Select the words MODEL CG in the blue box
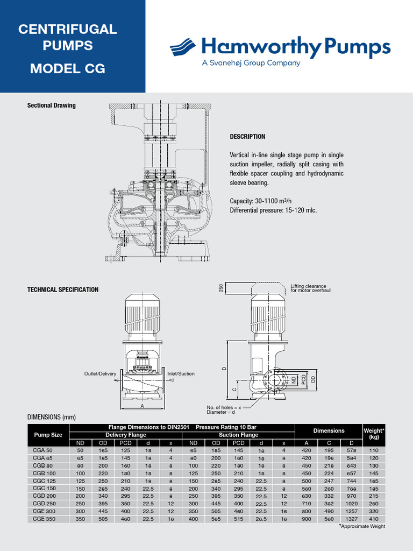point(67,69)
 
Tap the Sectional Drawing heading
point(52,105)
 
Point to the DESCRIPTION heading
point(247,137)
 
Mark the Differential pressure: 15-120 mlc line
point(273,210)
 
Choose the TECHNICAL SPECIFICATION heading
point(63,289)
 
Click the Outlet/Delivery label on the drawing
point(100,373)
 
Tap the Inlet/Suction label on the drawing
point(181,373)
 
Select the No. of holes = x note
point(224,407)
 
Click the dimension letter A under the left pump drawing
point(143,407)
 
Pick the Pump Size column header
point(48,435)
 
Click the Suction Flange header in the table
point(238,435)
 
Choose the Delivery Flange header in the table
point(126,435)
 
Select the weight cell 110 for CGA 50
point(374,450)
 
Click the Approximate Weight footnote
point(362,526)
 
